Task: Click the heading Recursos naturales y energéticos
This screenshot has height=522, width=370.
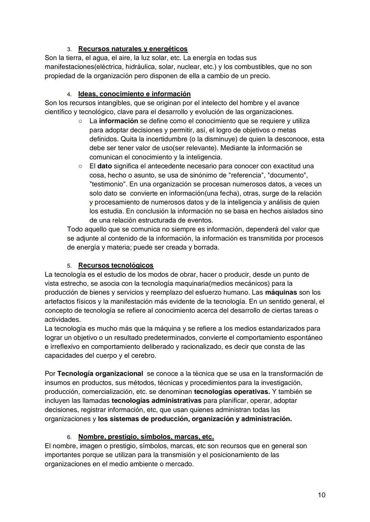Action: (133, 49)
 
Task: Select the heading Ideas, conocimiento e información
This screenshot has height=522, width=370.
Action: (134, 94)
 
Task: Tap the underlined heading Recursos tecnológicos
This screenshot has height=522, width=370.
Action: (116, 265)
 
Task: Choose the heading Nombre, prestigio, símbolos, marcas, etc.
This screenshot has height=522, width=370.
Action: (146, 437)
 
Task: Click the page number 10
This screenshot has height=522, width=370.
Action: (321, 495)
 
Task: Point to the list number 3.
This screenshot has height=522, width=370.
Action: (69, 49)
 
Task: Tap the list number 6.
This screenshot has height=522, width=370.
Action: (69, 437)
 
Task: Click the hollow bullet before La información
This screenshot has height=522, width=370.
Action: (79, 121)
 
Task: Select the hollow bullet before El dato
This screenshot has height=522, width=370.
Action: (79, 166)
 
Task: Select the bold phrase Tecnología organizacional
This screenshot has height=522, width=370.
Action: (100, 374)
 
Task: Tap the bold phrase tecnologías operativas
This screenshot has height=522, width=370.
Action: (232, 392)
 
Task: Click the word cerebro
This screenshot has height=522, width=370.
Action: (143, 356)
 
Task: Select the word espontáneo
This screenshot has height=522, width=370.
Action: (305, 338)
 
